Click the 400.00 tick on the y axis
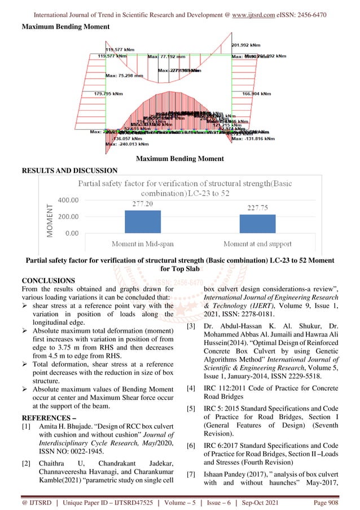(67, 200)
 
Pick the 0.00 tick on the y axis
(72, 233)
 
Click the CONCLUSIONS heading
(48, 280)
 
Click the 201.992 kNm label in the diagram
(246, 45)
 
